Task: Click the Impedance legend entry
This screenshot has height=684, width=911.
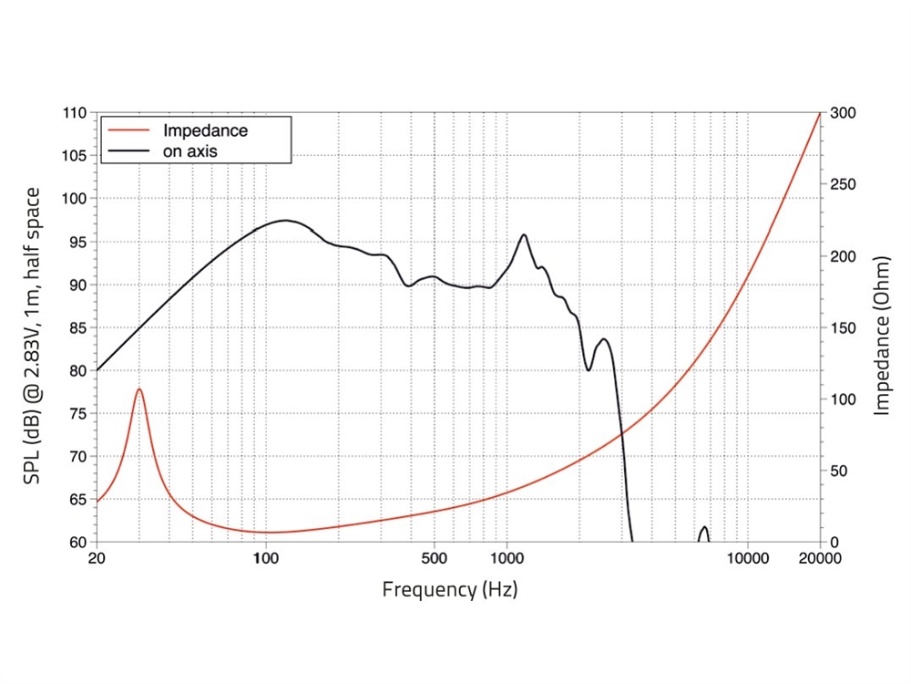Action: (x=204, y=130)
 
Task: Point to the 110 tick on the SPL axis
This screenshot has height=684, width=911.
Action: (x=75, y=113)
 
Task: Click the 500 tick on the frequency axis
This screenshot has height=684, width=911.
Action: (x=435, y=559)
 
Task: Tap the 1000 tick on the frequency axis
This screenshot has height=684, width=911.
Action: (x=507, y=559)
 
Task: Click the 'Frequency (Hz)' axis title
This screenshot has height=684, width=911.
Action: (x=450, y=589)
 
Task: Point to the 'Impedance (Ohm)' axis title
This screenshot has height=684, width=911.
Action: (x=881, y=328)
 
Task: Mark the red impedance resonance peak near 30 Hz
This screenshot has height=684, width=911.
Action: (x=139, y=389)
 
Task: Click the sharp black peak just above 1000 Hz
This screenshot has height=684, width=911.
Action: (x=524, y=235)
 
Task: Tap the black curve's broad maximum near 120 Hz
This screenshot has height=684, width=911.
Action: (x=285, y=220)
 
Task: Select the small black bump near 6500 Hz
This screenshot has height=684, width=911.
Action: (x=703, y=528)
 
